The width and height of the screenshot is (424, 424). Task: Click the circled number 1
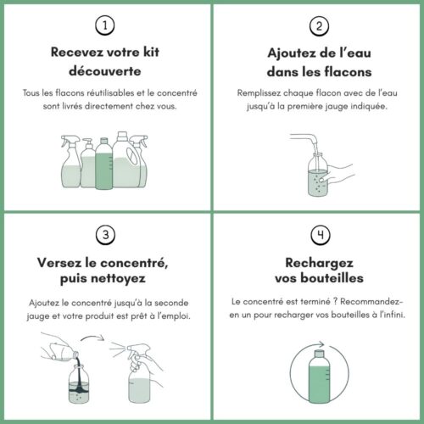105,25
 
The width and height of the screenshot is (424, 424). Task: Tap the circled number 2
319,26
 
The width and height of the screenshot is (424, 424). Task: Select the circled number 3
105,235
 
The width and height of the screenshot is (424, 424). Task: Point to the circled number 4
321,235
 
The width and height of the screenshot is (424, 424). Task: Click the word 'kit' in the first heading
151,52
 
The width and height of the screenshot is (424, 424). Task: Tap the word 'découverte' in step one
105,71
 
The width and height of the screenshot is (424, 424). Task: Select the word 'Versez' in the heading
59,263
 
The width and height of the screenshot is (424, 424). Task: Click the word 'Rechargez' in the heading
320,263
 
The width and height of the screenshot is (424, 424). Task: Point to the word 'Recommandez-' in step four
371,302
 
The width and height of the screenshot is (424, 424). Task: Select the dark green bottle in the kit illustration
104,163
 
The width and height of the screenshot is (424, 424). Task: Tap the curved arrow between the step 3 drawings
92,337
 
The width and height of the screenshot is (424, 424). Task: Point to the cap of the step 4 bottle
320,354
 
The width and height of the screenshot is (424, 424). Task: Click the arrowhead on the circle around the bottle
321,344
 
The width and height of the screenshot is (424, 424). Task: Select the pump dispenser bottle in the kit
88,163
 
